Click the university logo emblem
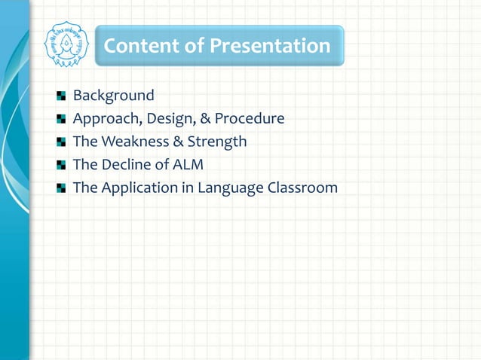pyautogui.click(x=66, y=44)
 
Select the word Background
pyautogui.click(x=113, y=96)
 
